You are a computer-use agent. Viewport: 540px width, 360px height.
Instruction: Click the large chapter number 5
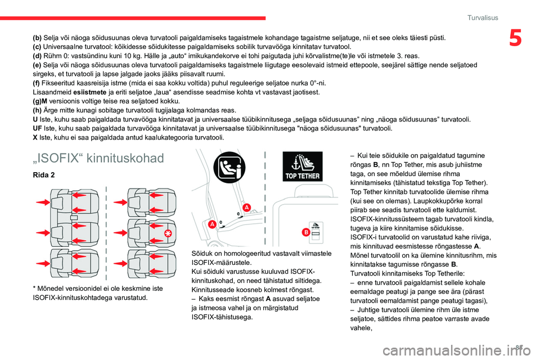(x=516, y=38)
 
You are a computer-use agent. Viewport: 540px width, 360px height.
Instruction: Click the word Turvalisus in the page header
(x=483, y=18)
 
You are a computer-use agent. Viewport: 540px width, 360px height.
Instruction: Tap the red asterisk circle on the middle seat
(x=167, y=232)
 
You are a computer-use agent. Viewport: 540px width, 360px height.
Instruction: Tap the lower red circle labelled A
(x=212, y=224)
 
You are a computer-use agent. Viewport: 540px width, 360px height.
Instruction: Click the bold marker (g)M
(x=41, y=101)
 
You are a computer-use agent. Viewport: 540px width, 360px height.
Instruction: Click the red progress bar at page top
(x=133, y=19)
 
